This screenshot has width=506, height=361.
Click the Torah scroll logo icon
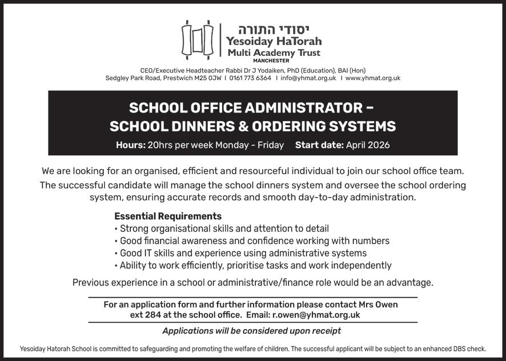[197, 39]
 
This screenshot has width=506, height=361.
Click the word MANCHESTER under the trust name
[271, 60]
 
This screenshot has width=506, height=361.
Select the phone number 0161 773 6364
[250, 78]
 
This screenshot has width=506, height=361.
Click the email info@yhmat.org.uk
[308, 78]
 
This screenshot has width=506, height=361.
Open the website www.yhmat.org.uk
[372, 78]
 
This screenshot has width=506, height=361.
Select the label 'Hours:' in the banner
[130, 145]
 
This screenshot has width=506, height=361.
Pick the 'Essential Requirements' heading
[168, 216]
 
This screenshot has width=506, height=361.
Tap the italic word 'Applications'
[188, 331]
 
